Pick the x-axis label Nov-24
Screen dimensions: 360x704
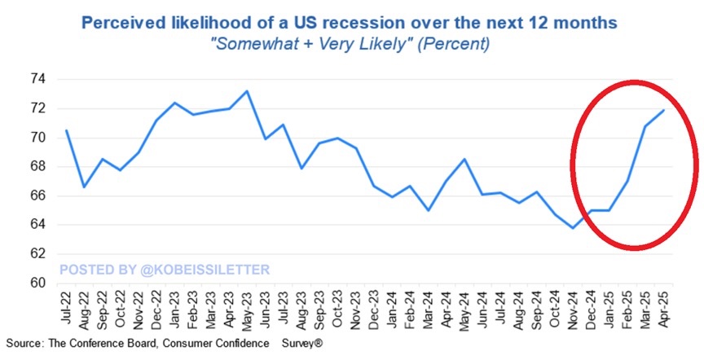point(574,310)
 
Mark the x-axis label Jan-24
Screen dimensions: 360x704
point(393,310)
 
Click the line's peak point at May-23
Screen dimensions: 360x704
point(247,91)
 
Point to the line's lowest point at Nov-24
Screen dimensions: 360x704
point(574,228)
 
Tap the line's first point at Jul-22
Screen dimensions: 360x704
point(66,130)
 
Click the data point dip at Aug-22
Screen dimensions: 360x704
point(84,187)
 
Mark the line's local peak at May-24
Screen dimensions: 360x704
point(464,159)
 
